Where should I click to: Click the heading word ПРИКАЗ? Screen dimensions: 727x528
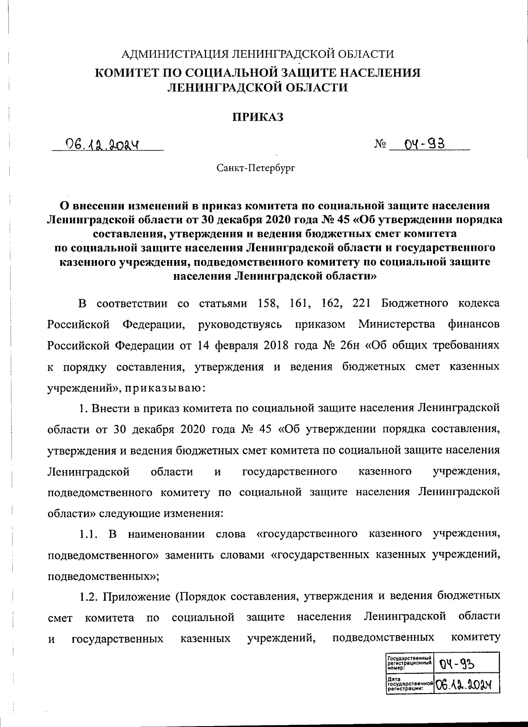click(257, 117)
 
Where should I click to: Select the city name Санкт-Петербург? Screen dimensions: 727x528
click(255, 168)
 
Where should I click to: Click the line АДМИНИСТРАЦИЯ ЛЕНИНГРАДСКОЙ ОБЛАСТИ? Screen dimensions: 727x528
click(257, 54)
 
